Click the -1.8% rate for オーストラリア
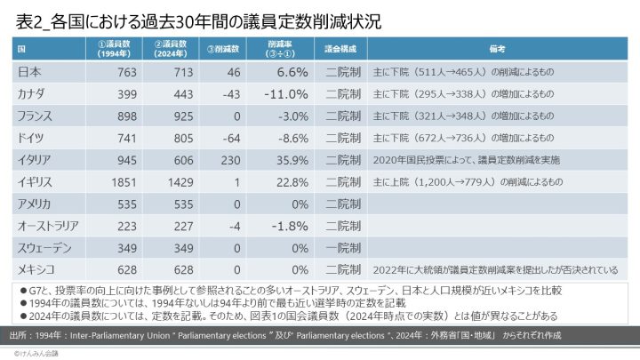(286, 226)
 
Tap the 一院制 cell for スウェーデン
(343, 248)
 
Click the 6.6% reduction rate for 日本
(292, 72)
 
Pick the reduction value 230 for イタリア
(228, 160)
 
